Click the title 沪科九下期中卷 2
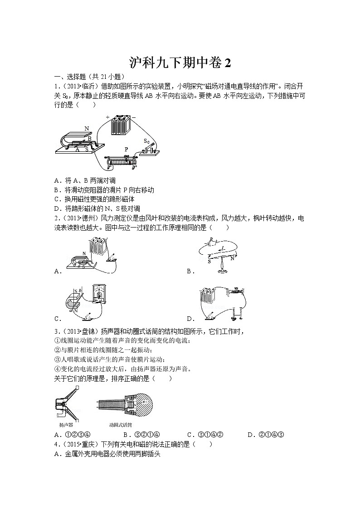[x=180, y=63]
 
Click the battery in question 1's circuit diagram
[x=121, y=126]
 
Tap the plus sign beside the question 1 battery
[x=108, y=117]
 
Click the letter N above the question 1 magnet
[x=87, y=129]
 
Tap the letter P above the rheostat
[x=126, y=149]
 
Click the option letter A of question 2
[x=58, y=271]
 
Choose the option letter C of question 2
[x=58, y=319]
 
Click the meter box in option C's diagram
[x=98, y=294]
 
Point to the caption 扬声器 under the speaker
[x=66, y=425]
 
